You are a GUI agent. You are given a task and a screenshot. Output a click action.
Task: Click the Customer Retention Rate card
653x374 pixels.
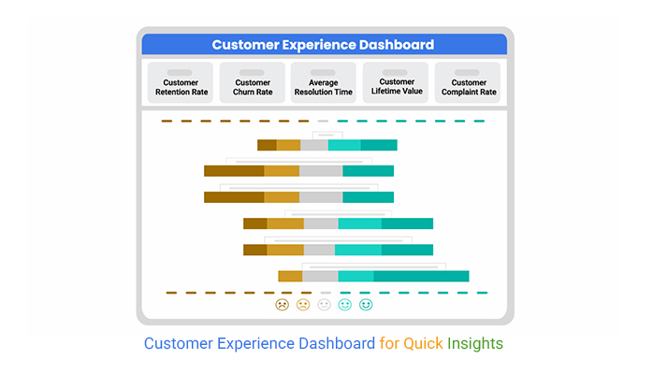(x=181, y=82)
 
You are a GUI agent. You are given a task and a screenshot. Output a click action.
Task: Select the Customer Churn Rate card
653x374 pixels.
(x=253, y=82)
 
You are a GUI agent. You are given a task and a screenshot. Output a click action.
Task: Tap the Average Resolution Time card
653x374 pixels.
(x=324, y=82)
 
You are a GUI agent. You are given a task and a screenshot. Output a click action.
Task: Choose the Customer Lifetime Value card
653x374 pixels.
(x=396, y=82)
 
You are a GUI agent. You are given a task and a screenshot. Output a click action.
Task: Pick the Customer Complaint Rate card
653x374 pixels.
(x=468, y=82)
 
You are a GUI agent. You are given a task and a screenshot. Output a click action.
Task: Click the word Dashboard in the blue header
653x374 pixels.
(x=397, y=45)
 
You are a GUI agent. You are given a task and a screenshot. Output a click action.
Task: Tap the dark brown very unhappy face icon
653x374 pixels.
(x=282, y=305)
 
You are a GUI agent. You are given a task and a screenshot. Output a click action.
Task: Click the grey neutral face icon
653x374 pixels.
(x=324, y=305)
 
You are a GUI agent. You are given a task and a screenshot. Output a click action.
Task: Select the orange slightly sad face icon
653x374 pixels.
(x=303, y=305)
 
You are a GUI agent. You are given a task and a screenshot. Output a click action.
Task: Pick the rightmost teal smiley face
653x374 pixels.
(x=366, y=305)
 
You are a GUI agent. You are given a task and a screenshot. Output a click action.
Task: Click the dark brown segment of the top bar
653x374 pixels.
(x=267, y=145)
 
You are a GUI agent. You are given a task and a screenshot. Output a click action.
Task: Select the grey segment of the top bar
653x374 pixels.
(x=314, y=145)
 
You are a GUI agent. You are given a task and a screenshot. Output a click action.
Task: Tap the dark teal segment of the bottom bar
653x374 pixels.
(x=421, y=276)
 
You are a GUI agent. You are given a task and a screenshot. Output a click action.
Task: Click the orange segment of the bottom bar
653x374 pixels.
(x=290, y=276)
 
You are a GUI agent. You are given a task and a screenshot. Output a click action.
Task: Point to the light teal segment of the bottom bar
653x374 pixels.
(x=356, y=276)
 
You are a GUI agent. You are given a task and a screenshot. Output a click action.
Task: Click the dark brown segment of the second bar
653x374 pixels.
(x=234, y=171)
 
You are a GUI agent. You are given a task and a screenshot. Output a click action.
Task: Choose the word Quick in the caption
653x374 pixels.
(x=423, y=344)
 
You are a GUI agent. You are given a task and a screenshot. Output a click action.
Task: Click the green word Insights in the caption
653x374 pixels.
(x=475, y=344)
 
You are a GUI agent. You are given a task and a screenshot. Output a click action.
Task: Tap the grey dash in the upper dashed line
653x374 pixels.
(x=323, y=121)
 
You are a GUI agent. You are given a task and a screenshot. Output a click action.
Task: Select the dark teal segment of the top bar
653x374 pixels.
(x=379, y=145)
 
